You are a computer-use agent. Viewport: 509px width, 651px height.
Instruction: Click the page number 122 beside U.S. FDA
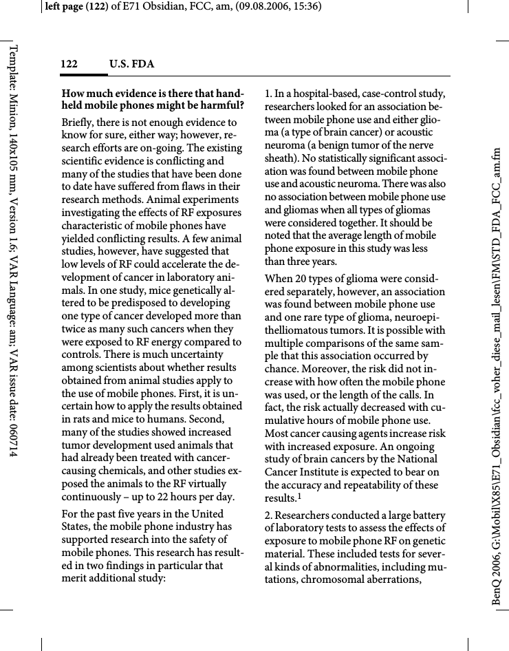[68, 65]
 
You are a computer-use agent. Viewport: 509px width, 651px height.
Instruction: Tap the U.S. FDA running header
[131, 65]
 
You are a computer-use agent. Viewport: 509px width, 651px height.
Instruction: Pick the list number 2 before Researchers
[268, 515]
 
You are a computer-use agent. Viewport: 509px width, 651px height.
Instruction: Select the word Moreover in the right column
[290, 369]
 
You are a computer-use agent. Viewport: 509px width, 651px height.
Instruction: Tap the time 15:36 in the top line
[307, 7]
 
